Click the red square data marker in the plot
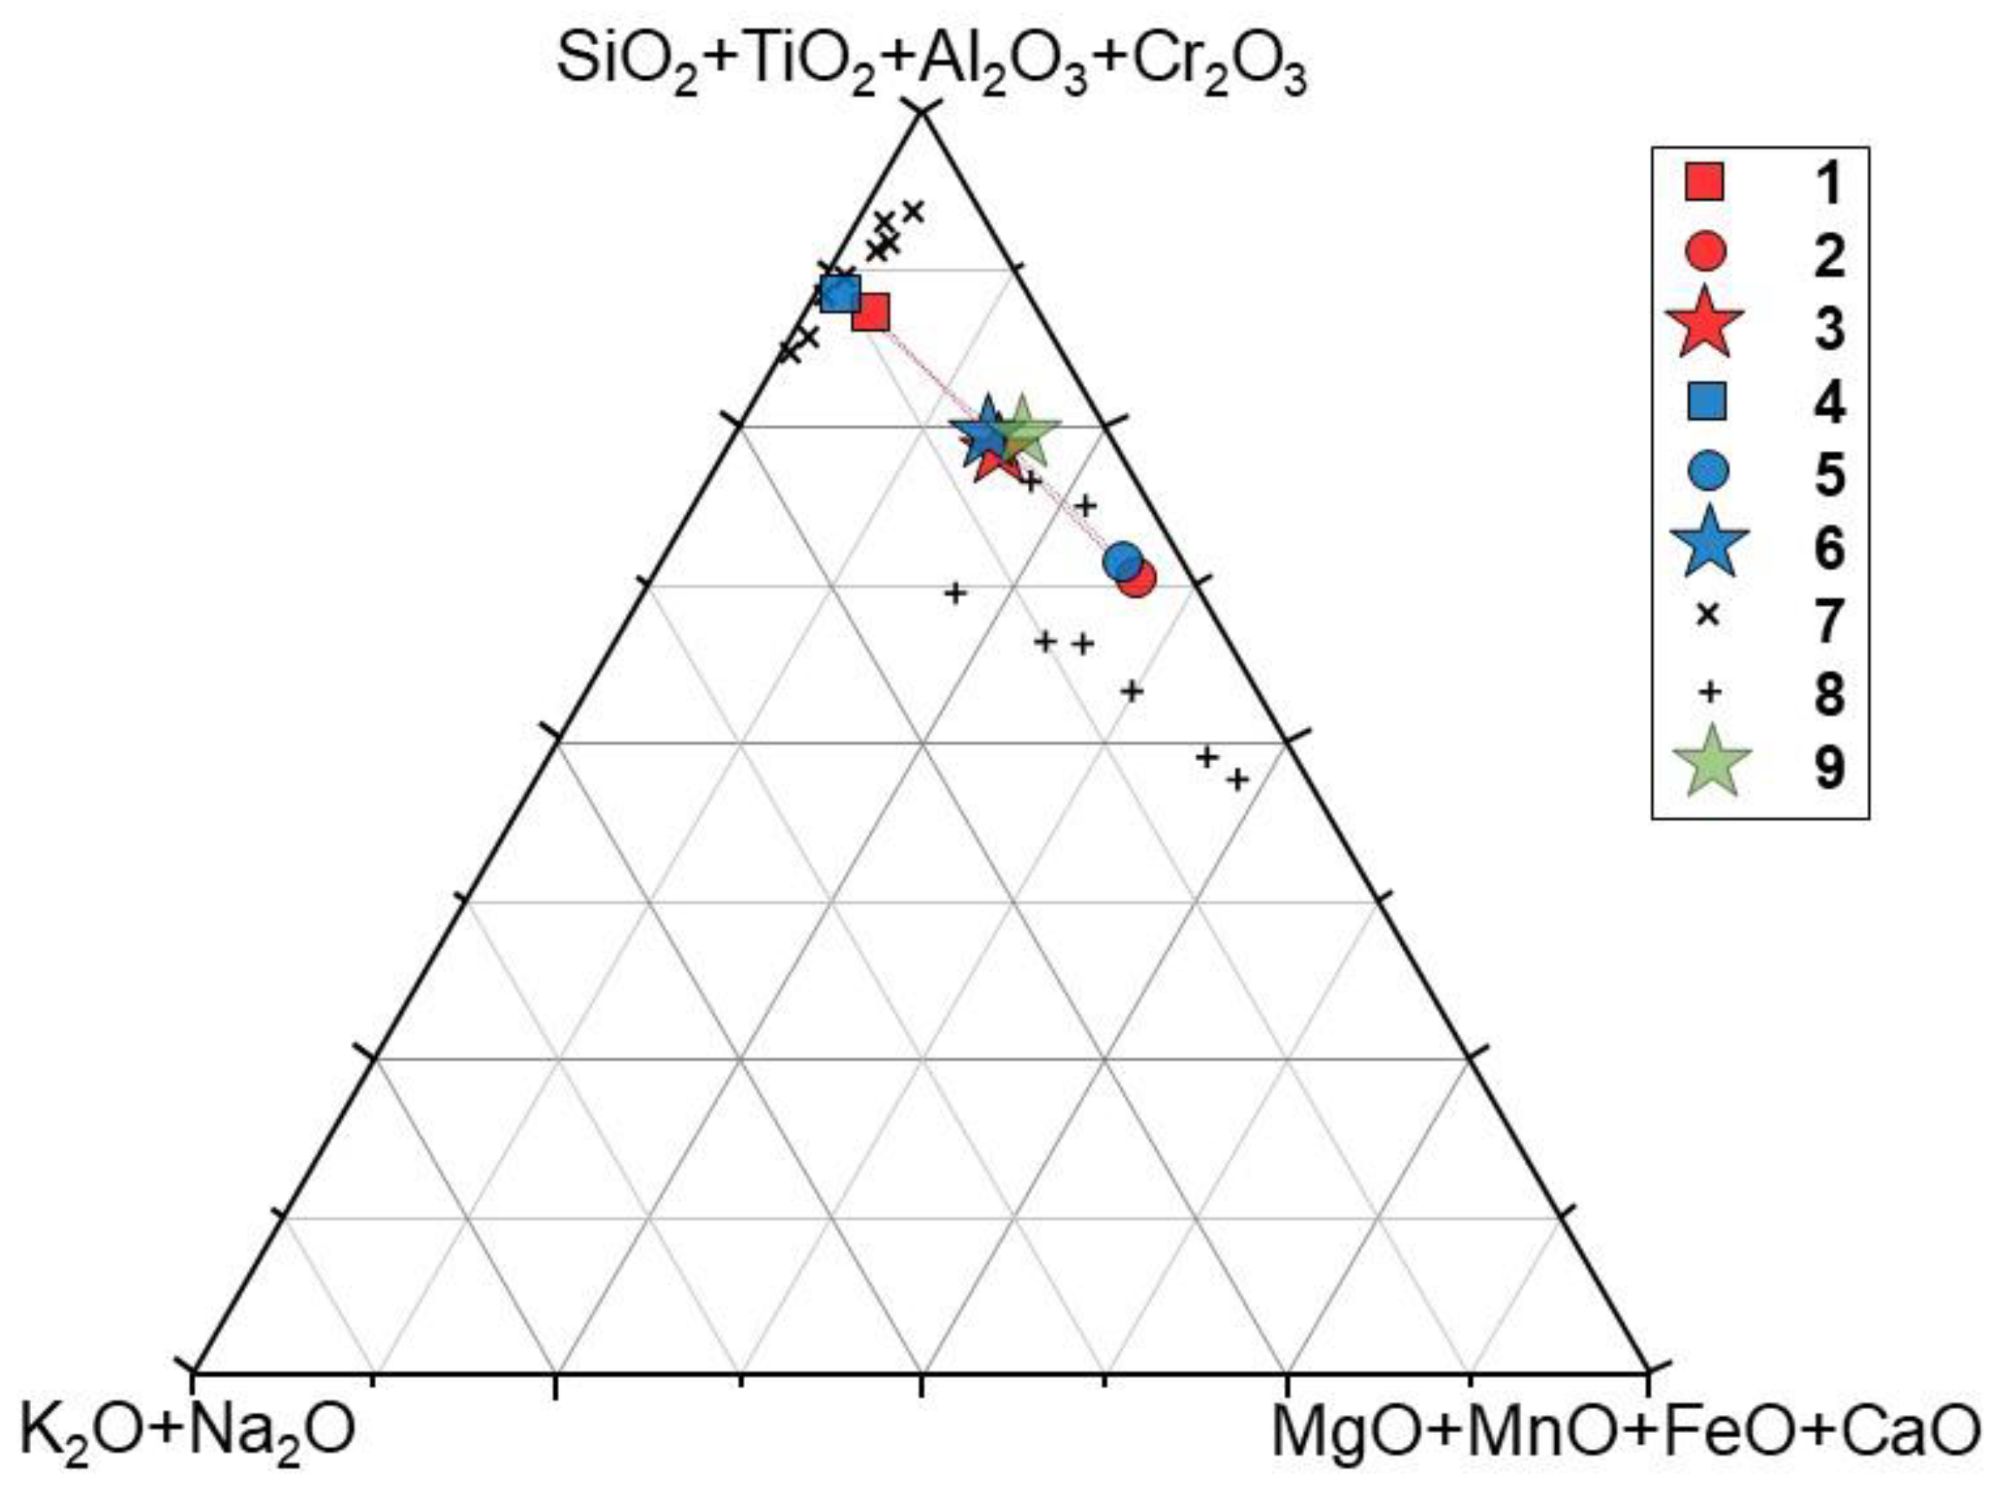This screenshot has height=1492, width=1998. click(x=871, y=313)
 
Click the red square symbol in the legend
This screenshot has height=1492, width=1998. click(x=1705, y=181)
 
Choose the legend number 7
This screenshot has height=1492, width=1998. click(x=1830, y=620)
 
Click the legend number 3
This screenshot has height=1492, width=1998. click(x=1830, y=329)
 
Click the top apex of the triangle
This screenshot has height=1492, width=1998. click(x=921, y=112)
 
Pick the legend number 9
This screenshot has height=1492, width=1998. click(x=1830, y=769)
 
